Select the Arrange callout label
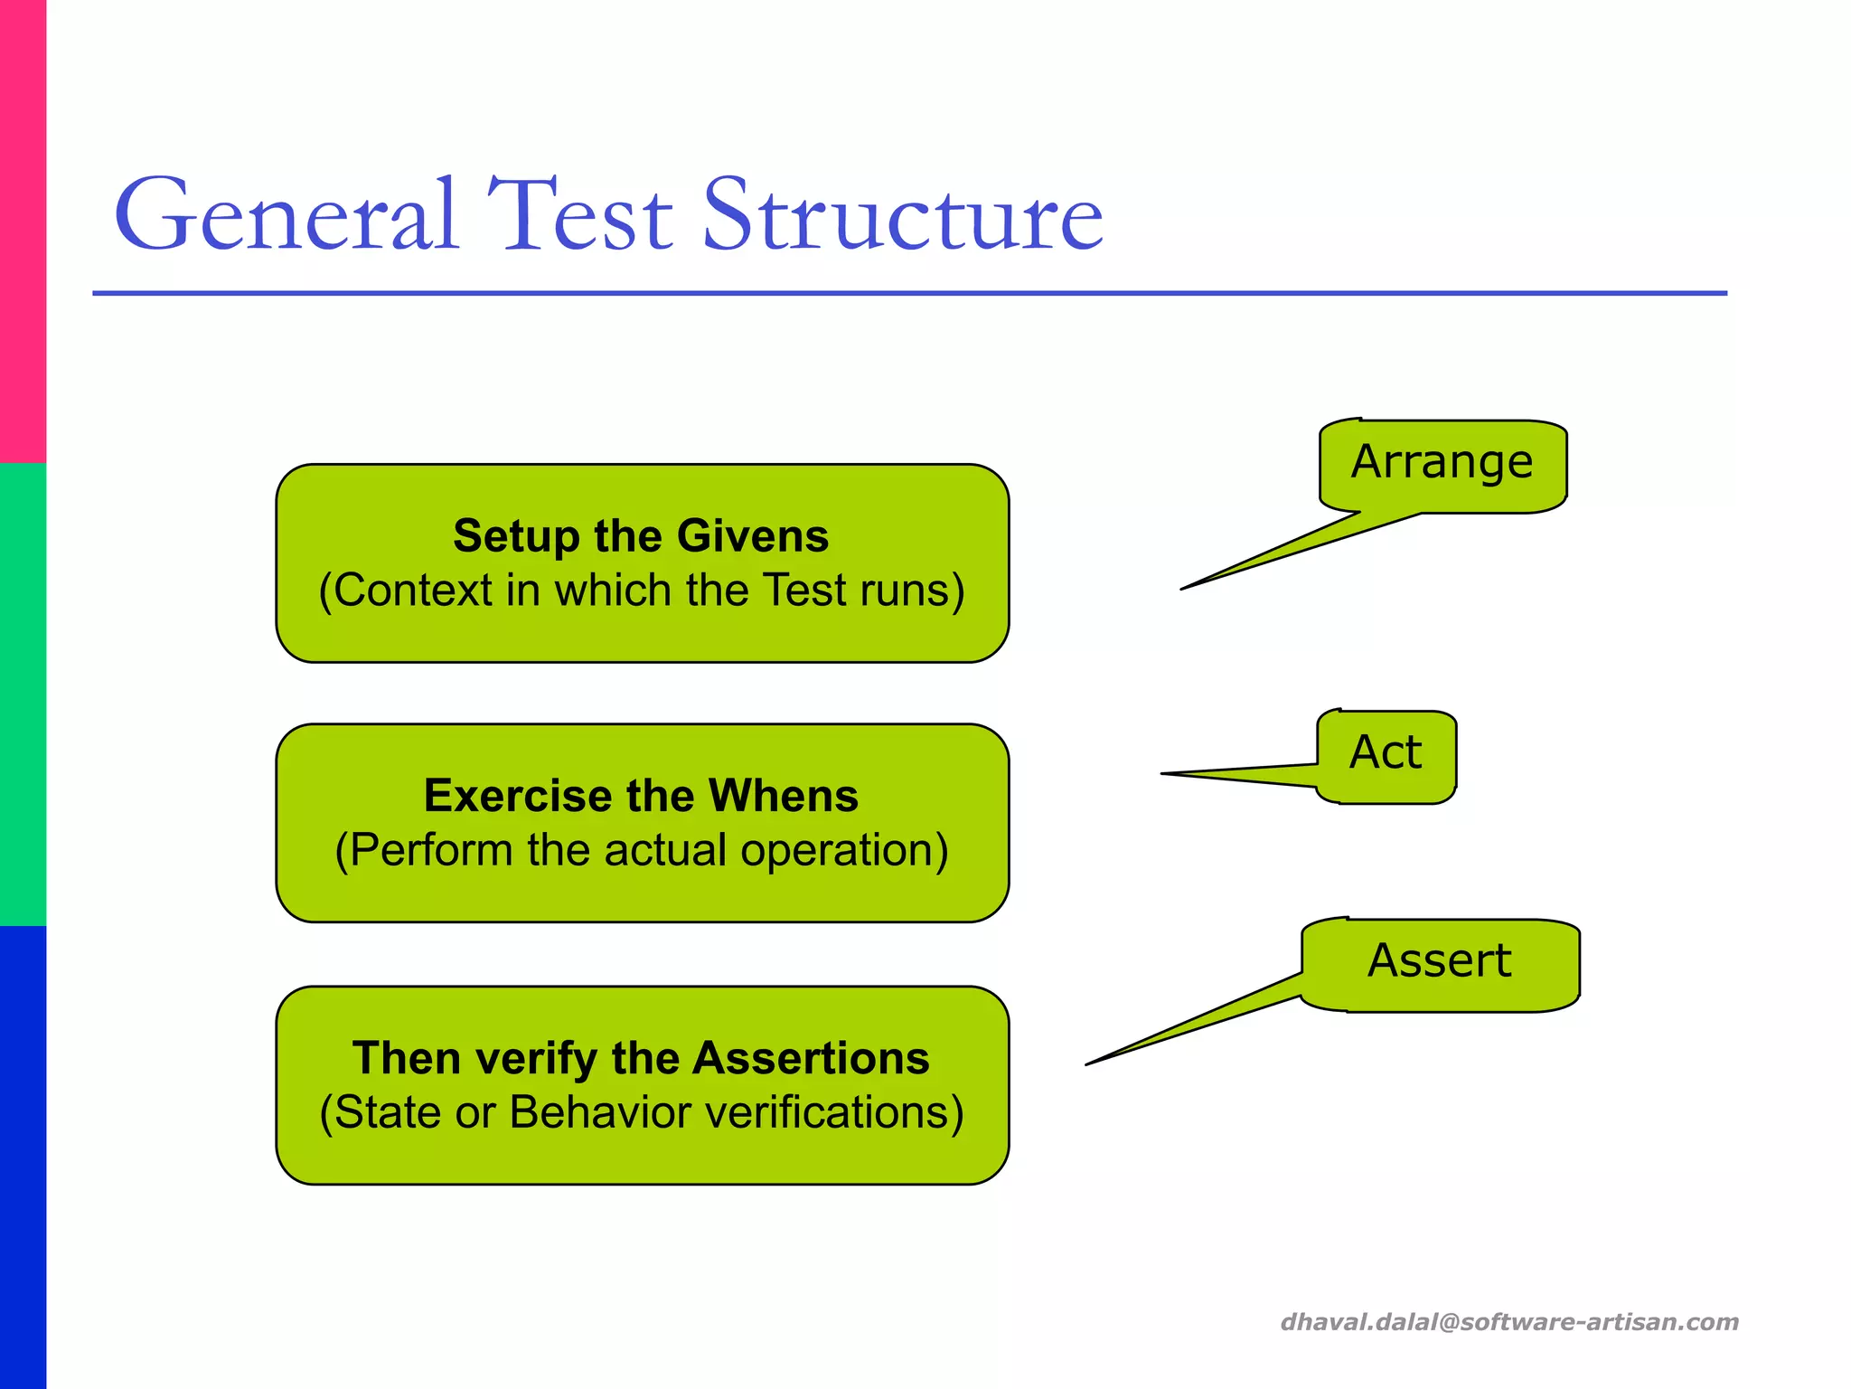[1442, 463]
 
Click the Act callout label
[1386, 753]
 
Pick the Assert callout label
[1439, 961]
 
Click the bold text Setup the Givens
[641, 535]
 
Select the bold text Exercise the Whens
[641, 796]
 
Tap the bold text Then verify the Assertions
[641, 1058]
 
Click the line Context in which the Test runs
[641, 591]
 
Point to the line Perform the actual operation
[641, 851]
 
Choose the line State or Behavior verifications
[641, 1113]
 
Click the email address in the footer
[1508, 1322]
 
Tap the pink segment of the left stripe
[23, 231]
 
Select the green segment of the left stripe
[23, 694]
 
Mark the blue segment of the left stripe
[23, 1157]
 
